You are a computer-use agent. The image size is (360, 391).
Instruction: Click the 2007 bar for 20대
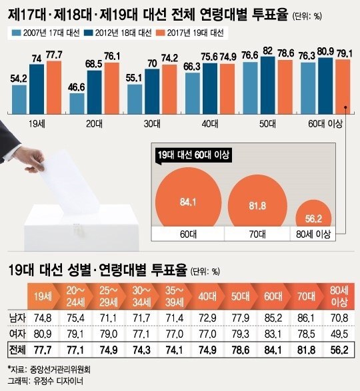pyautogui.click(x=77, y=104)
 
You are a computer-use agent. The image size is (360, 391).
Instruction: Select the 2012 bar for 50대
pyautogui.click(x=268, y=85)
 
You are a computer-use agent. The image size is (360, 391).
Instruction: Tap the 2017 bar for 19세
pyautogui.click(x=54, y=87)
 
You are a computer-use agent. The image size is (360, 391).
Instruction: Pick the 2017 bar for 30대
pyautogui.click(x=169, y=89)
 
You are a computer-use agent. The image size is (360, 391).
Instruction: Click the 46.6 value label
pyautogui.click(x=77, y=87)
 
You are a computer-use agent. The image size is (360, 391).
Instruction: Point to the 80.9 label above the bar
pyautogui.click(x=325, y=51)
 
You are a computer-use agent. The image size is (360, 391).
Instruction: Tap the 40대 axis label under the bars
pyautogui.click(x=209, y=124)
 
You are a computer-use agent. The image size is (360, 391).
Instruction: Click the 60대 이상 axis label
pyautogui.click(x=325, y=124)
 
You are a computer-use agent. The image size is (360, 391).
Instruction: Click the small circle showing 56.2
pyautogui.click(x=313, y=213)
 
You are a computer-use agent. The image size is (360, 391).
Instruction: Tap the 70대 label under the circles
pyautogui.click(x=257, y=234)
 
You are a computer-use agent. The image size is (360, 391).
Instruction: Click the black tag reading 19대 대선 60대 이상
pyautogui.click(x=193, y=156)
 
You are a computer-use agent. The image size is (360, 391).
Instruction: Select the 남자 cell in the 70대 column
pyautogui.click(x=306, y=318)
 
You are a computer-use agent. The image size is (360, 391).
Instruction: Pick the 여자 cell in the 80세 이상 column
pyautogui.click(x=339, y=334)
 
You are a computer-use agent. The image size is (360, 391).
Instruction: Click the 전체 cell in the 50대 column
pyautogui.click(x=240, y=350)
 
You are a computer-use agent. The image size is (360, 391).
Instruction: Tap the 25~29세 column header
pyautogui.click(x=109, y=296)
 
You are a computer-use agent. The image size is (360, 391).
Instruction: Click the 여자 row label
pyautogui.click(x=17, y=334)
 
